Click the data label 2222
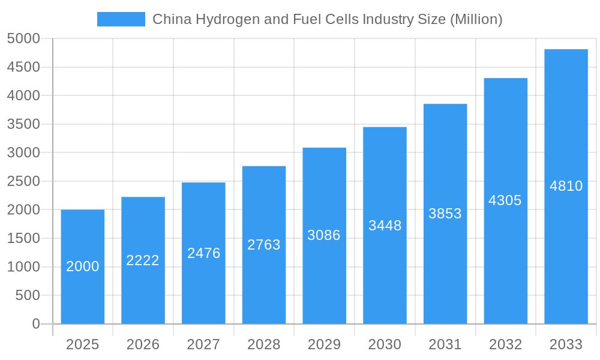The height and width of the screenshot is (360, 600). click(143, 260)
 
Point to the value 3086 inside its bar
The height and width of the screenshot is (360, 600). click(324, 235)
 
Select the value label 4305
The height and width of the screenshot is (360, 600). click(505, 200)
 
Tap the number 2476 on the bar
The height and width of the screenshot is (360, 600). click(203, 253)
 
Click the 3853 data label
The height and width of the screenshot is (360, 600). click(445, 214)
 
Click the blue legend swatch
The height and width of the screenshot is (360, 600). click(121, 19)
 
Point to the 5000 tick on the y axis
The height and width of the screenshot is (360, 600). click(23, 38)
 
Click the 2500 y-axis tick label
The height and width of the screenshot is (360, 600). click(23, 181)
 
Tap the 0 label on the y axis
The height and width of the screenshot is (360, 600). click(36, 324)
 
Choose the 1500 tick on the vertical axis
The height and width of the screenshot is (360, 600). click(23, 238)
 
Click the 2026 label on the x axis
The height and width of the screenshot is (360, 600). click(143, 344)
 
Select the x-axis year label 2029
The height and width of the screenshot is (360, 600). click(324, 344)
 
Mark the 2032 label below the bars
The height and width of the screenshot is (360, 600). click(505, 344)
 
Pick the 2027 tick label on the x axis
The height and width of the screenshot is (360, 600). click(203, 344)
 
